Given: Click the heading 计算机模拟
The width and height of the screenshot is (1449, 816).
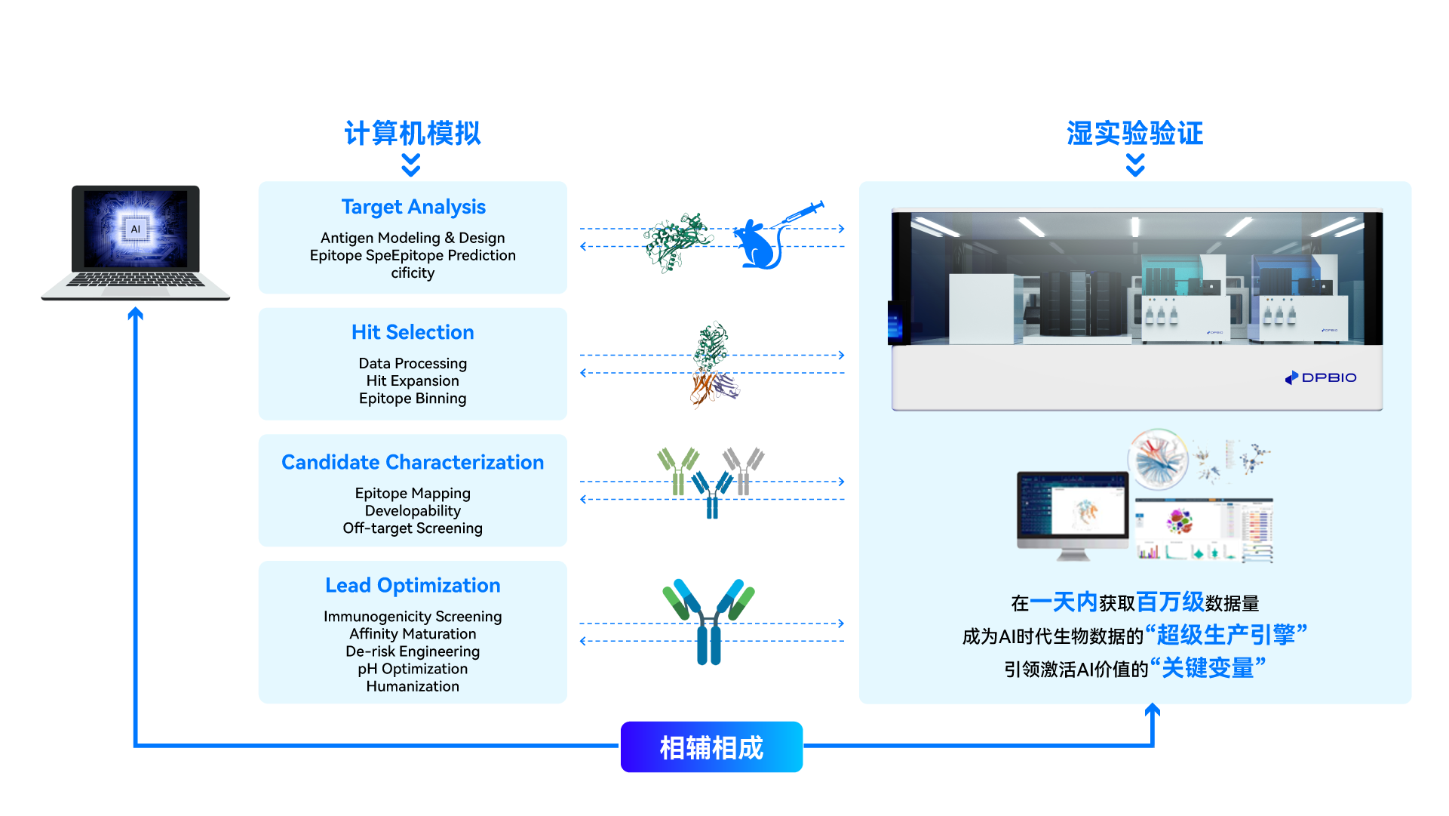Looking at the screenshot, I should pyautogui.click(x=412, y=134).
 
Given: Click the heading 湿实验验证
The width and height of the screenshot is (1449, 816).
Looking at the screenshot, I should pyautogui.click(x=1134, y=134).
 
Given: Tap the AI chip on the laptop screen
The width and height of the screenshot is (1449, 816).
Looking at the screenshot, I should pyautogui.click(x=136, y=229).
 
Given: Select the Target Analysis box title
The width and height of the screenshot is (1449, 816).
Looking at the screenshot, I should pyautogui.click(x=413, y=207).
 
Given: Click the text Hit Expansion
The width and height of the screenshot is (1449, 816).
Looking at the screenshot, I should pyautogui.click(x=413, y=381).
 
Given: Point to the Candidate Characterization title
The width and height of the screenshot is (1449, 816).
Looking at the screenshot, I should pyautogui.click(x=413, y=462).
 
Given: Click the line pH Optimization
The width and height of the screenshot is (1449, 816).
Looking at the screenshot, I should pyautogui.click(x=413, y=669).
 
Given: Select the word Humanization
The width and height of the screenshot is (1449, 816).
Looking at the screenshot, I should pyautogui.click(x=413, y=686).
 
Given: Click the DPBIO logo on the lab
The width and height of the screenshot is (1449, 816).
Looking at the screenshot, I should pyautogui.click(x=1321, y=377).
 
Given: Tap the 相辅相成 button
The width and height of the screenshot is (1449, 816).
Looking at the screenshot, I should pyautogui.click(x=711, y=747).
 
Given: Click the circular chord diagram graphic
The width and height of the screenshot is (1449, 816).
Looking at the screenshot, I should pyautogui.click(x=1157, y=458).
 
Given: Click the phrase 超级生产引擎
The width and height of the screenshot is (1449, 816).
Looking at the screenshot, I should pyautogui.click(x=1225, y=635).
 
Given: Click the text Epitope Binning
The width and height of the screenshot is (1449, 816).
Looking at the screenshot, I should pyautogui.click(x=413, y=399).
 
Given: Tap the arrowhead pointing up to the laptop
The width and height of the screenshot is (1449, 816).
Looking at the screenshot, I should pyautogui.click(x=135, y=313).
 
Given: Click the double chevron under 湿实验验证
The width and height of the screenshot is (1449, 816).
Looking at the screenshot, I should pyautogui.click(x=1135, y=165).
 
